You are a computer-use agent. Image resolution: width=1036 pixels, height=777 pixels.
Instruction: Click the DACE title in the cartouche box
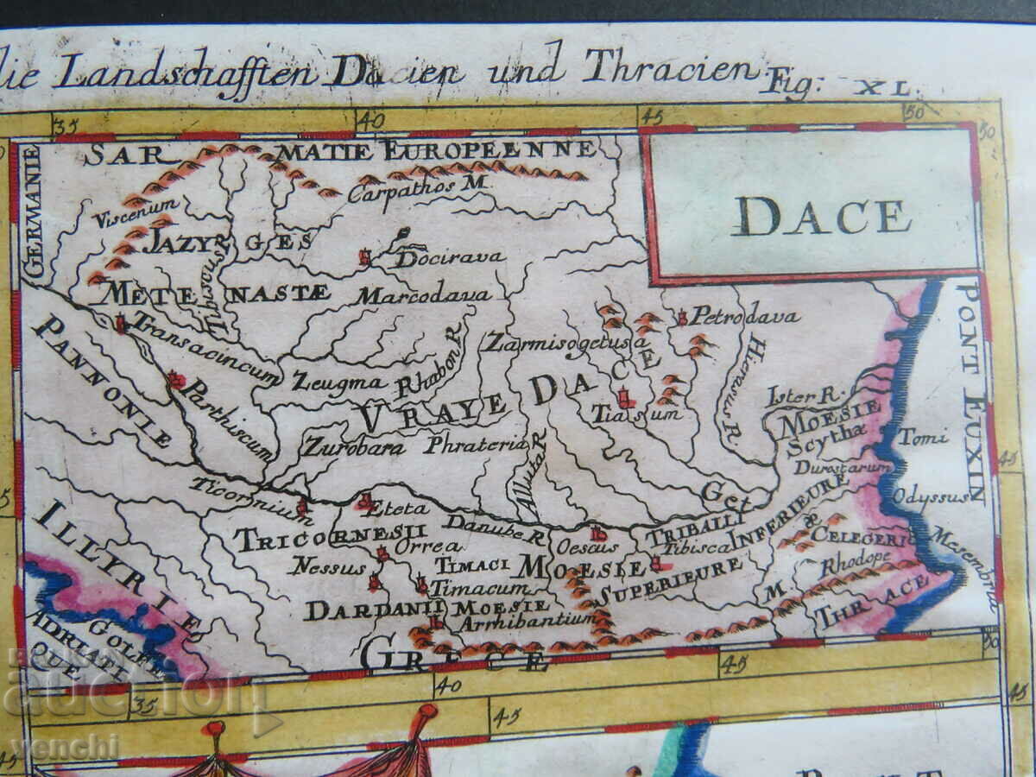pyautogui.click(x=821, y=216)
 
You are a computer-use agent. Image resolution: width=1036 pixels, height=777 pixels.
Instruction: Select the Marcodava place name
pyautogui.click(x=424, y=295)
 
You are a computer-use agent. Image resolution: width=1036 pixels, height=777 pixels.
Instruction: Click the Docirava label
pyautogui.click(x=449, y=257)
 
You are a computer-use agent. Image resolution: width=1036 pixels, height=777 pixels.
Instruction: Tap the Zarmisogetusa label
pyautogui.click(x=566, y=342)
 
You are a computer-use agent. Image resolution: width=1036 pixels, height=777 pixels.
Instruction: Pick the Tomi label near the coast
pyautogui.click(x=923, y=438)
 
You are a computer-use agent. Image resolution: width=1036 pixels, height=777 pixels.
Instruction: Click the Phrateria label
pyautogui.click(x=474, y=445)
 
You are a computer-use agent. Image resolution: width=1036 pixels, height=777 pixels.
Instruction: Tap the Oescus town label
pyautogui.click(x=587, y=546)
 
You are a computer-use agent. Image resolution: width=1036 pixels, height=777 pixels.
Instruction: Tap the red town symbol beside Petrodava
pyautogui.click(x=682, y=318)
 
